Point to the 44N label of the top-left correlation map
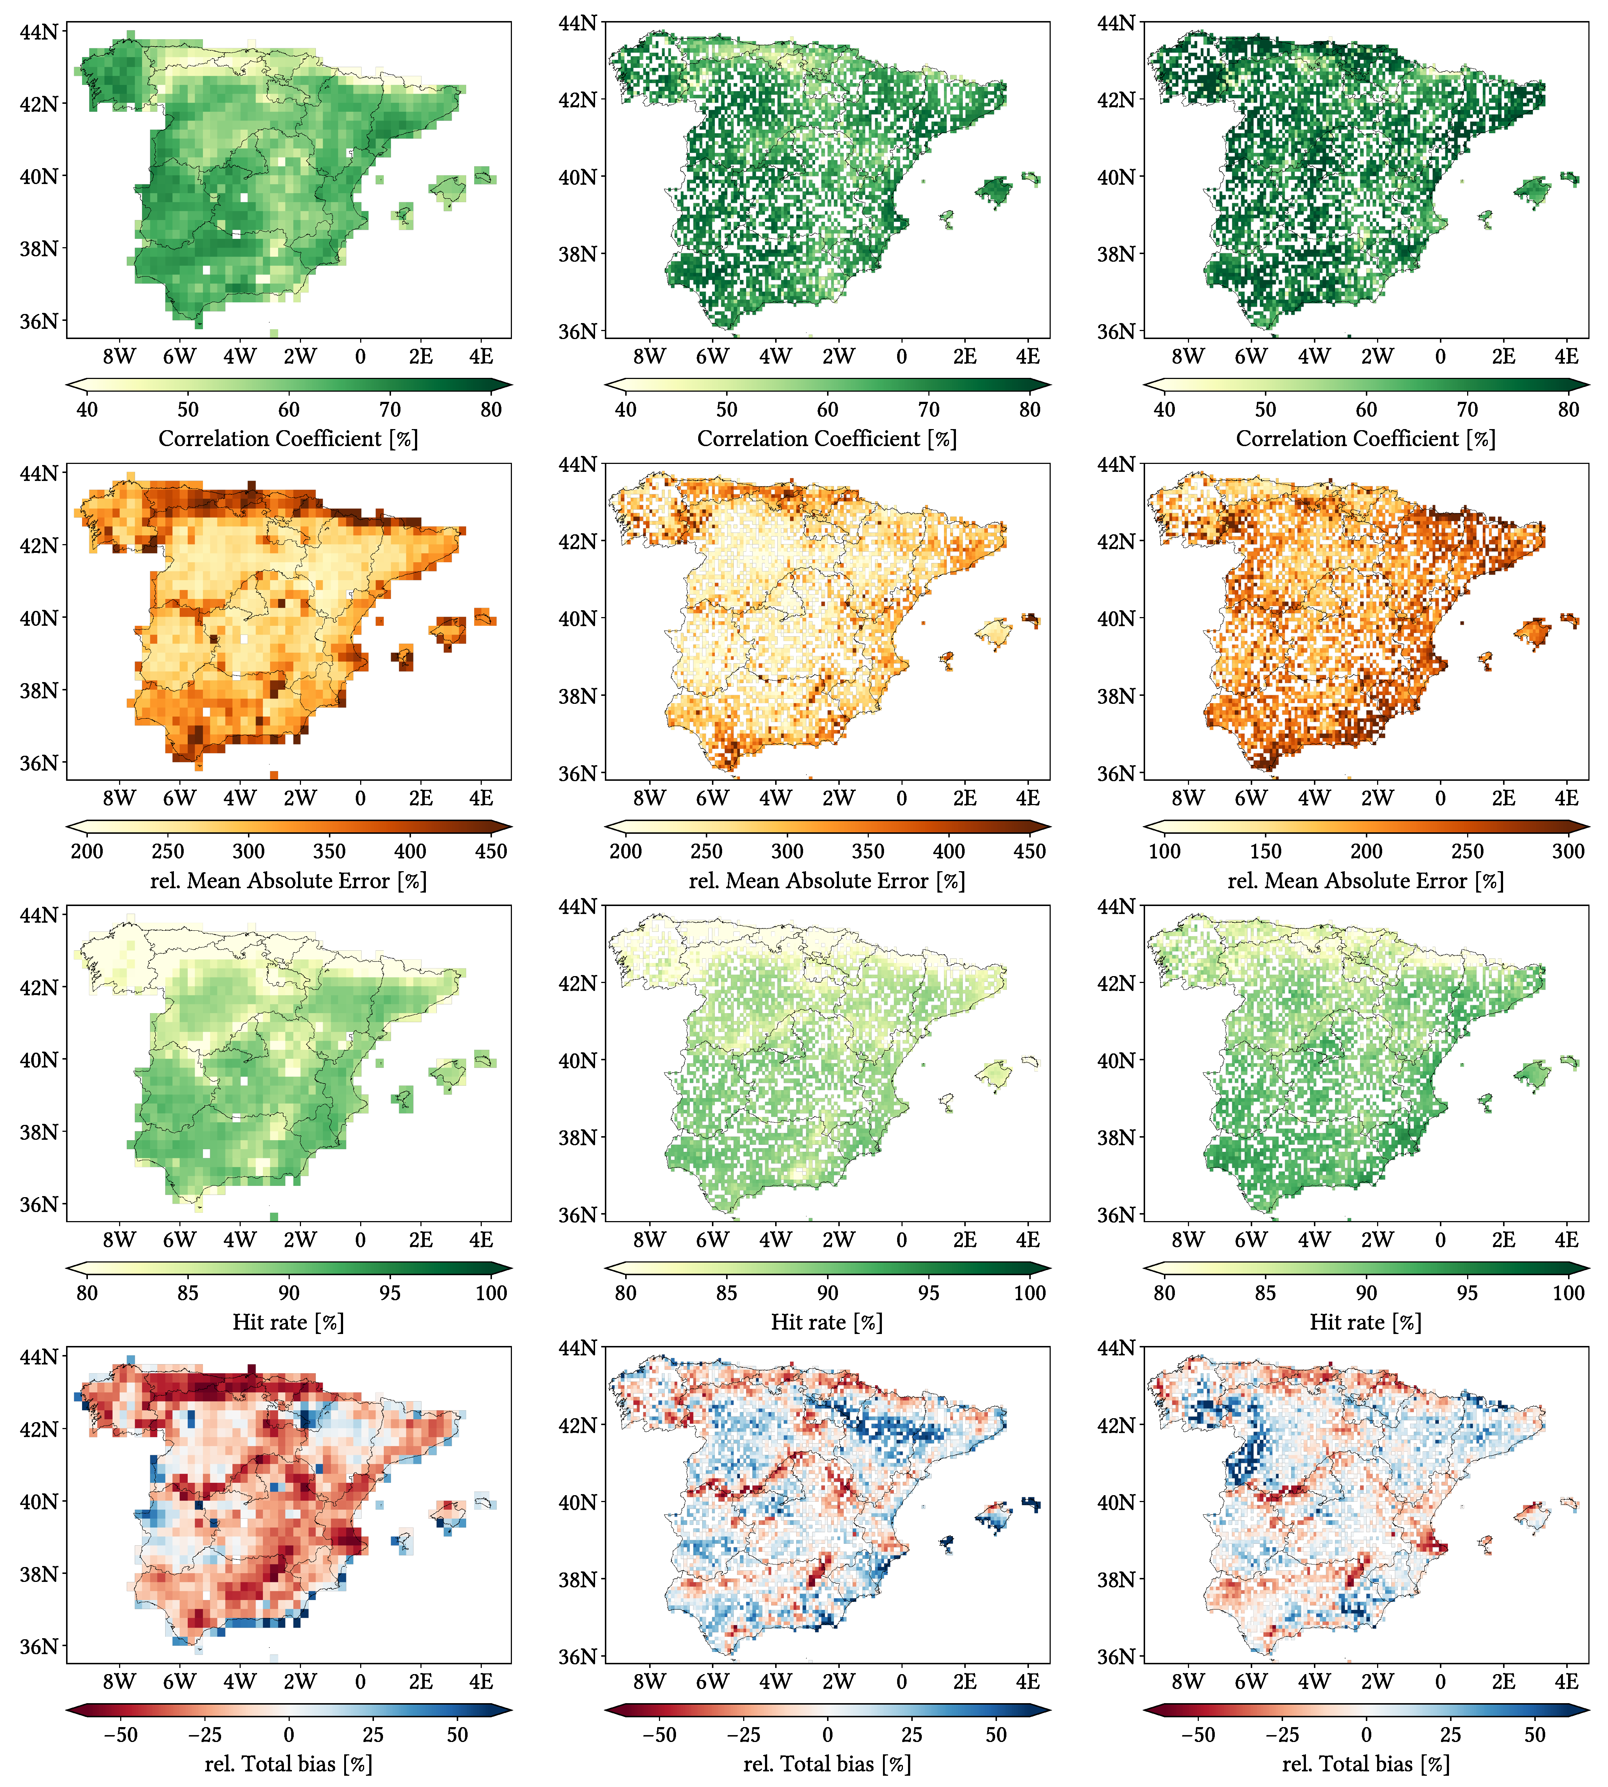point(39,32)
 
